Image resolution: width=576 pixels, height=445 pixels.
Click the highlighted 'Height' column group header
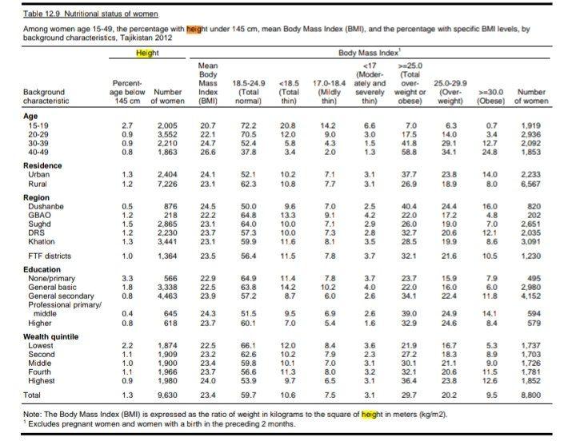pos(147,52)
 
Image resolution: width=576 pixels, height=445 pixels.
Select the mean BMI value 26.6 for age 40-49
pos(209,150)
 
